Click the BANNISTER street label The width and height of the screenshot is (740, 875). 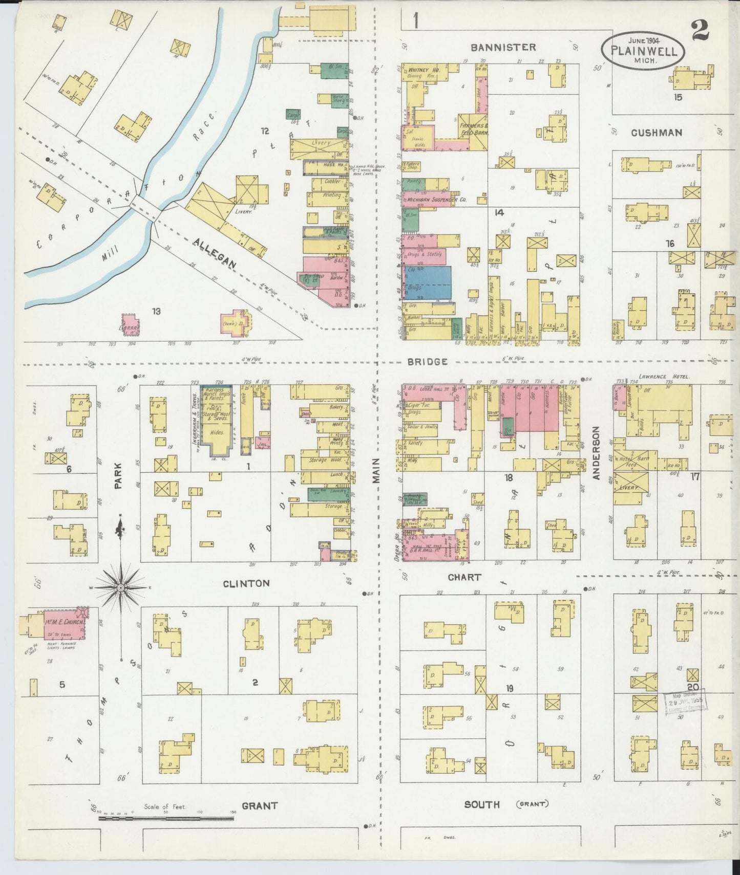[x=503, y=48]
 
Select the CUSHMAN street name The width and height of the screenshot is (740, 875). [x=656, y=133]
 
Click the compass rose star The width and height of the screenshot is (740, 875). [x=121, y=588]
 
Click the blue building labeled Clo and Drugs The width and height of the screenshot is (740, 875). [x=428, y=282]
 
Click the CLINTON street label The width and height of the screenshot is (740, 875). [x=246, y=583]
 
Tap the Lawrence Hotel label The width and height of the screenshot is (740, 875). [x=664, y=377]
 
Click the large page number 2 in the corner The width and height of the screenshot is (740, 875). [x=700, y=30]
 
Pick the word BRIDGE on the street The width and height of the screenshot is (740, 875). [x=428, y=361]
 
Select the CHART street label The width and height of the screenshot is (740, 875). [x=464, y=577]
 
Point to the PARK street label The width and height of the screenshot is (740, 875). [x=118, y=475]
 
